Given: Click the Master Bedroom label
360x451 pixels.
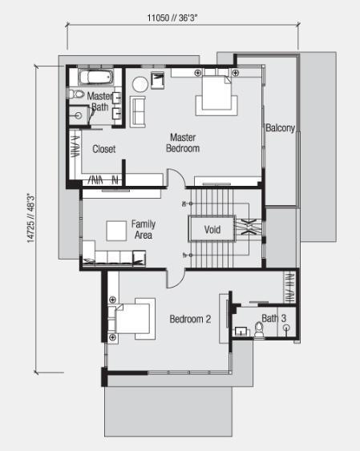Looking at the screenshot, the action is [x=183, y=143].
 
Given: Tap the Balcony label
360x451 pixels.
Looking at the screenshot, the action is [x=281, y=127].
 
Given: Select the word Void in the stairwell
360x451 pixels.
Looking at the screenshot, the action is [x=212, y=230].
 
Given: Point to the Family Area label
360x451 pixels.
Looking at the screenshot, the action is [x=144, y=229].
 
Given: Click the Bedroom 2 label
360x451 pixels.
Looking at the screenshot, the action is [x=190, y=319].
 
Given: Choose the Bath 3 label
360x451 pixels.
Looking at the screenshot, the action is [x=273, y=318].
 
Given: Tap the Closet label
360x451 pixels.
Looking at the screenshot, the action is [x=104, y=149].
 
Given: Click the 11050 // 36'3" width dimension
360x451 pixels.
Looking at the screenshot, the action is [x=172, y=18].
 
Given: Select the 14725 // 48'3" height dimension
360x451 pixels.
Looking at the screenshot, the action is [x=31, y=218].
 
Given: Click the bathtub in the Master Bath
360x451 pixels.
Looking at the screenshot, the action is [x=96, y=77].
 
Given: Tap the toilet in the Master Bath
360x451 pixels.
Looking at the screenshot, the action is [x=76, y=94].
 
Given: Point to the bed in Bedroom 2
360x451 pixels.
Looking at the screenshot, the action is [x=132, y=318].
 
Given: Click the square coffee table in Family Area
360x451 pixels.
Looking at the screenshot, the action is [x=116, y=231].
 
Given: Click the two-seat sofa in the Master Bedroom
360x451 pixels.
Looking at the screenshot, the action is [x=138, y=112].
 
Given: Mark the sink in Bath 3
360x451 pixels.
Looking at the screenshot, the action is [x=241, y=332].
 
